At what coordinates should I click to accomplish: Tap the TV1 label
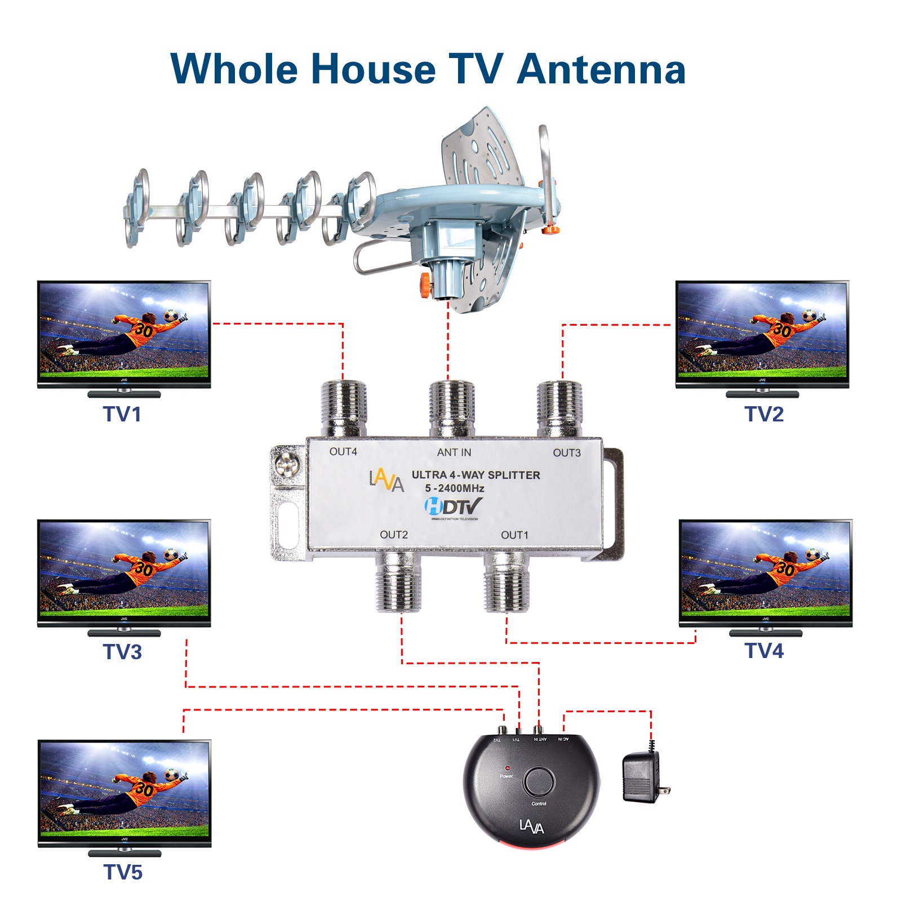(x=122, y=414)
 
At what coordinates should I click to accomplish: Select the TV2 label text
(x=764, y=414)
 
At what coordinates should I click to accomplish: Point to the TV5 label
(x=123, y=872)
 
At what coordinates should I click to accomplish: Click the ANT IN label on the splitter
(x=454, y=452)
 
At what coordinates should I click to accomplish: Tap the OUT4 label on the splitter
(x=343, y=452)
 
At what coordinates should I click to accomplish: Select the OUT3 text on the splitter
(x=566, y=453)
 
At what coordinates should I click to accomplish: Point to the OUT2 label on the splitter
(x=393, y=535)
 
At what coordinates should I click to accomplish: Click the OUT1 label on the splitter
(x=514, y=535)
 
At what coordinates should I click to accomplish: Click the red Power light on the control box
(x=507, y=768)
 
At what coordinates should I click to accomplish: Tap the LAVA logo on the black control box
(x=531, y=827)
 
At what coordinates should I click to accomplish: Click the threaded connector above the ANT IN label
(x=451, y=408)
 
